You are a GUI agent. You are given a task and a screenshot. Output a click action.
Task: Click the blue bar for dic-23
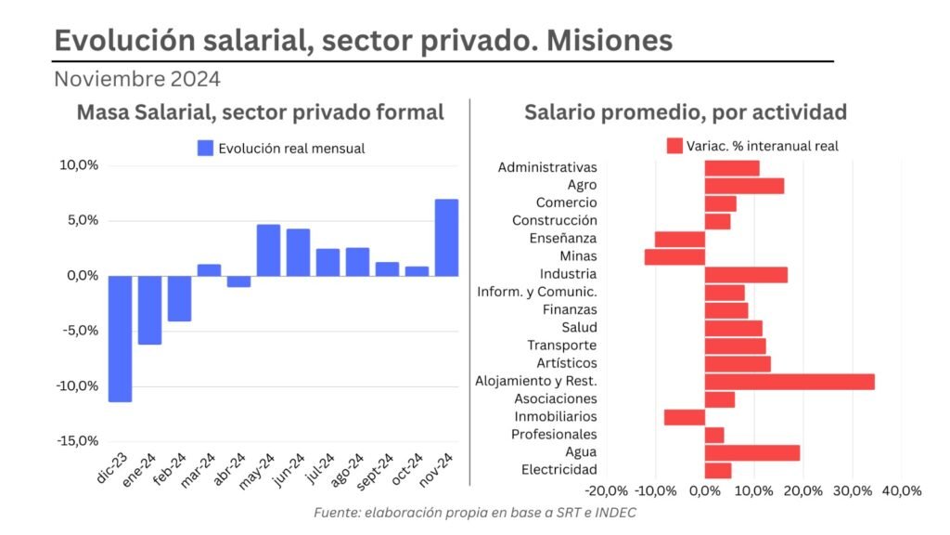pos(120,338)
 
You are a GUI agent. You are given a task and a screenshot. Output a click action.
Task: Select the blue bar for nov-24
pos(446,238)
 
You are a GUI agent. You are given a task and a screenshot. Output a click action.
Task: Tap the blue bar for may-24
pos(268,250)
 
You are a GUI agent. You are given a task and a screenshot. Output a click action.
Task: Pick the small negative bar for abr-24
pos(238,281)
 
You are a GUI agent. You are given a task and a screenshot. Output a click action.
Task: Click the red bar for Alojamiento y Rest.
pos(790,381)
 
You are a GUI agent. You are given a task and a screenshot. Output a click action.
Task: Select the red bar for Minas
pos(674,256)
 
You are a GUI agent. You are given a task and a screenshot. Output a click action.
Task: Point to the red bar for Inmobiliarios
pos(685,417)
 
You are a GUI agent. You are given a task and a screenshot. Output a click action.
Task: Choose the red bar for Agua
pos(752,452)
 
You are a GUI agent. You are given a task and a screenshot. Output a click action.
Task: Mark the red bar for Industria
pos(746,274)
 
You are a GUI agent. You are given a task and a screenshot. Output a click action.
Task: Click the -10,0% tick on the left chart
pos(79,385)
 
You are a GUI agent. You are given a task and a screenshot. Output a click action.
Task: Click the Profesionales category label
pos(554,435)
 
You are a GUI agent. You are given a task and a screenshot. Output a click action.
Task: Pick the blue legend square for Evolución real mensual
pos(205,148)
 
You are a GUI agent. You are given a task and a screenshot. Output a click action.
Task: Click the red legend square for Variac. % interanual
pos(674,146)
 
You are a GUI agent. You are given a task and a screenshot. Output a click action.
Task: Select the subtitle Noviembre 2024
pos(137,79)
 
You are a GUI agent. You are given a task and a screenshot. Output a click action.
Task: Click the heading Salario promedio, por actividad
pos(686,112)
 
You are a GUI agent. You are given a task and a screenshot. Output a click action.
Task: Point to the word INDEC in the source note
pos(614,513)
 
